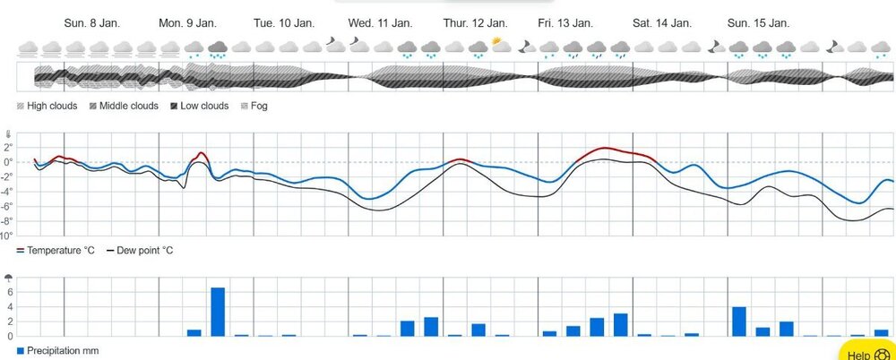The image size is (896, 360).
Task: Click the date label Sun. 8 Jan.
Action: [92, 22]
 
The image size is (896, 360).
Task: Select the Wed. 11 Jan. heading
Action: [381, 22]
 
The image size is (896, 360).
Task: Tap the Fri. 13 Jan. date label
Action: [564, 22]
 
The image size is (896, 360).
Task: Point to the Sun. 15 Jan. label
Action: [758, 22]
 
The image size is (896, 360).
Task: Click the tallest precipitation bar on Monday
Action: [218, 311]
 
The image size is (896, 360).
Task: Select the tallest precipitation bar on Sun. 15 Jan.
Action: [739, 321]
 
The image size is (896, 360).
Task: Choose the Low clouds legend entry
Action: [196, 106]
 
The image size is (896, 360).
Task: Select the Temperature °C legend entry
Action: [56, 251]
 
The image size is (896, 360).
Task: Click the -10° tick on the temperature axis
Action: [6, 236]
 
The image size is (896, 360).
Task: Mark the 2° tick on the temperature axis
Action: [7, 147]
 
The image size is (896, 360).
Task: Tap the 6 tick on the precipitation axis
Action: [8, 292]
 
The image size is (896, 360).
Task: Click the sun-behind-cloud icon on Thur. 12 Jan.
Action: [501, 45]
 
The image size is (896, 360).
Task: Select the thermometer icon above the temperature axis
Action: [7, 135]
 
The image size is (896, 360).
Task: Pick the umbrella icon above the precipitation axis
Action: [8, 278]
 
